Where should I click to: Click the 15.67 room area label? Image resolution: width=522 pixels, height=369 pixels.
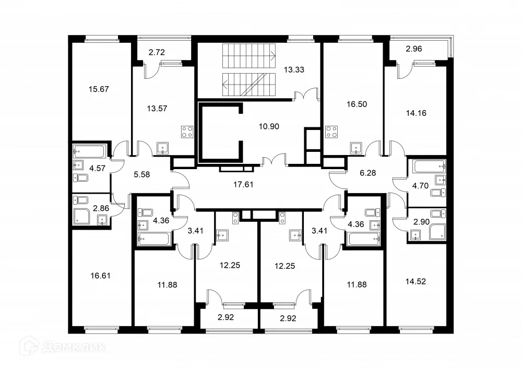98,89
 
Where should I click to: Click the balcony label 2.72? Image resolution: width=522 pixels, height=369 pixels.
157,52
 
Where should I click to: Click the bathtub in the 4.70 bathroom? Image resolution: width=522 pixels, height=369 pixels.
430,168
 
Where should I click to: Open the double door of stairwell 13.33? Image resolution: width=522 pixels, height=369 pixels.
306,97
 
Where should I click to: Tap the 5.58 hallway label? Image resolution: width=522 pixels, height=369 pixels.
142,174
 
